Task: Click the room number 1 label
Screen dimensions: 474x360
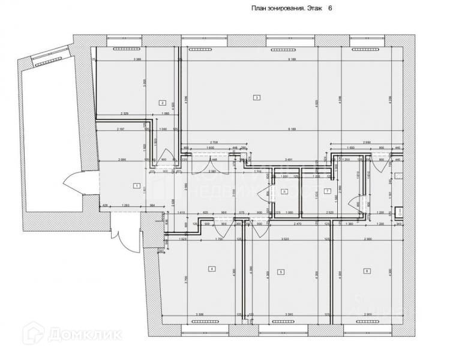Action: [137, 187]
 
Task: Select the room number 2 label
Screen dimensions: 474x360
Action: [162, 103]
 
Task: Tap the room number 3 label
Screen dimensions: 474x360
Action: [256, 97]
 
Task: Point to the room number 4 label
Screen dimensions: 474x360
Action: [211, 269]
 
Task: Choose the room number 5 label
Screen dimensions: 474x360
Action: [280, 272]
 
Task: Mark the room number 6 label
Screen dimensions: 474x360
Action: [367, 271]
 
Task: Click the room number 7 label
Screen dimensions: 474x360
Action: [327, 191]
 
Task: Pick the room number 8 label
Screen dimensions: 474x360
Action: [285, 191]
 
